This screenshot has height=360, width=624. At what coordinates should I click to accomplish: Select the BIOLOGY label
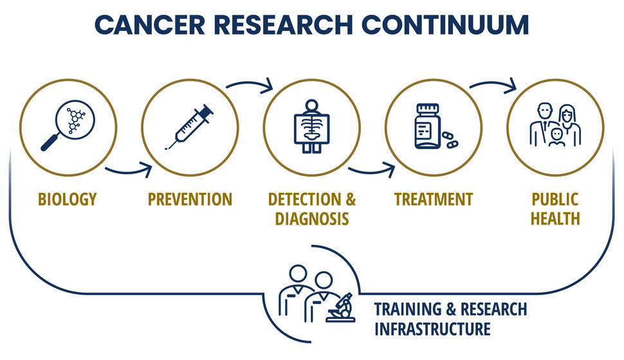(x=67, y=199)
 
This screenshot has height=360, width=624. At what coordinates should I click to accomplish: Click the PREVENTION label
(x=190, y=199)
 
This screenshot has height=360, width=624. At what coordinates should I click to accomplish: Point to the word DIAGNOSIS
(x=312, y=218)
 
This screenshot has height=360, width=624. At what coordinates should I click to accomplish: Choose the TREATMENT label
(x=434, y=199)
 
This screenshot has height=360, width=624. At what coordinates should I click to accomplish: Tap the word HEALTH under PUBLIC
(x=555, y=218)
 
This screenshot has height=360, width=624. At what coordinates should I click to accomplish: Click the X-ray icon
(x=311, y=126)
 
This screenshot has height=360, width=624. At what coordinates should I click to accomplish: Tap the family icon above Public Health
(x=555, y=126)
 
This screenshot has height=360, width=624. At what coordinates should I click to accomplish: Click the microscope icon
(x=341, y=307)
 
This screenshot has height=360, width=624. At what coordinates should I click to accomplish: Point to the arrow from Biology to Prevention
(x=129, y=171)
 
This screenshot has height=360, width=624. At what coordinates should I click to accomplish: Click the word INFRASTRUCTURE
(x=432, y=330)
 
